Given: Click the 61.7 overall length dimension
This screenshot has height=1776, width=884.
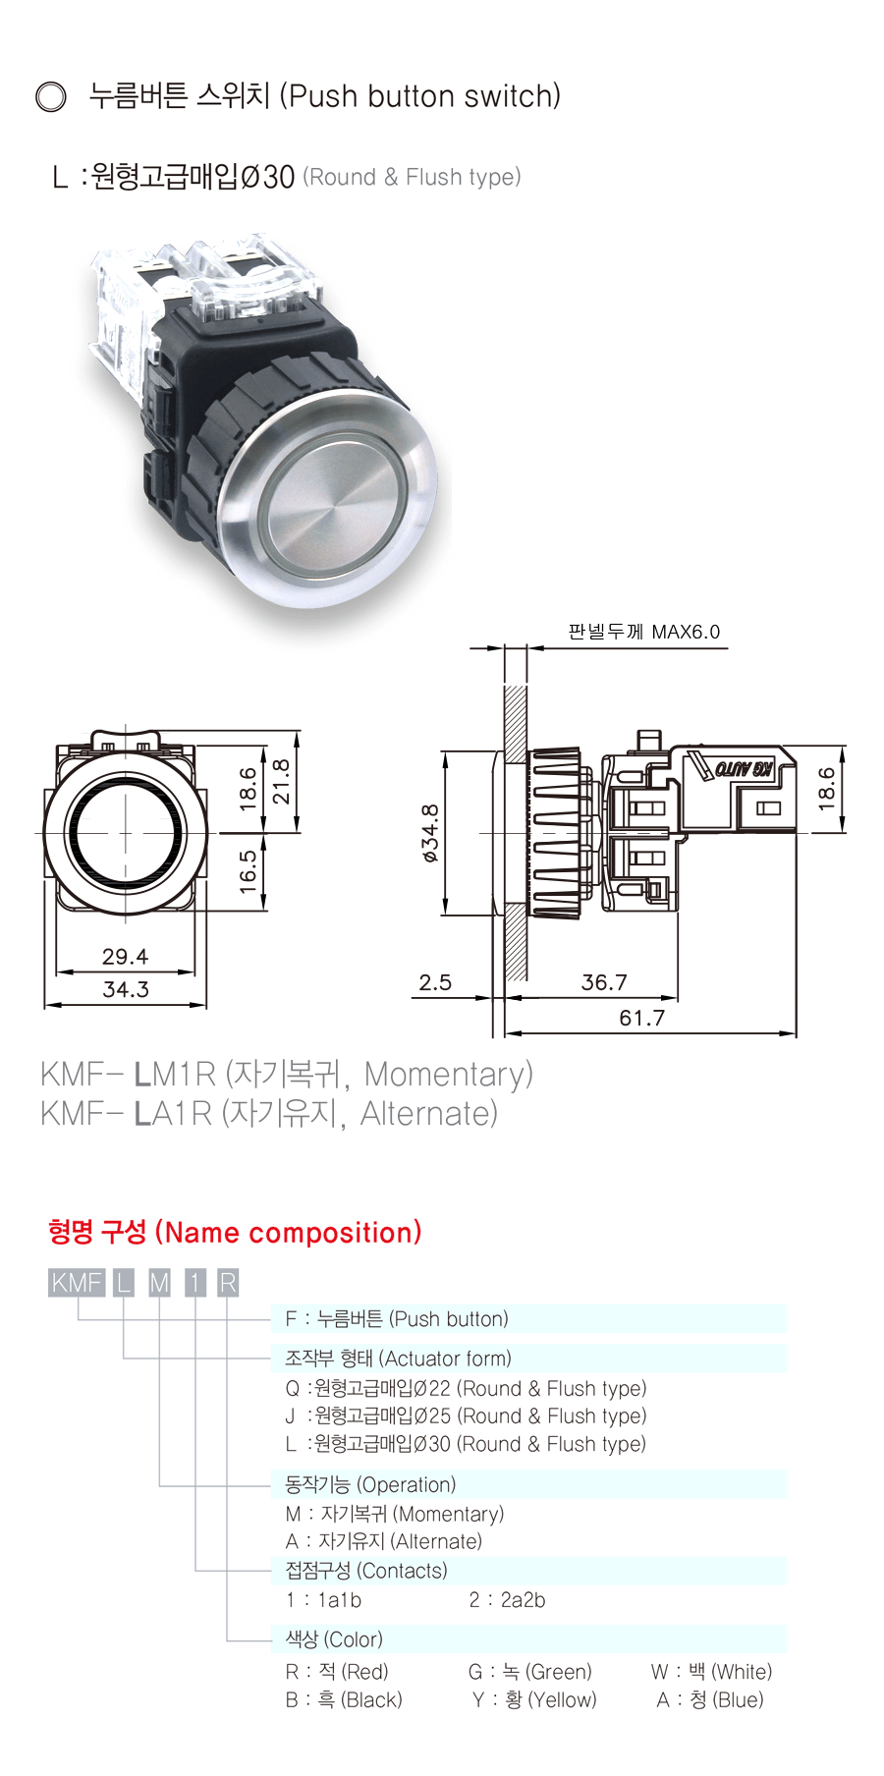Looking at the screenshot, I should [641, 1018].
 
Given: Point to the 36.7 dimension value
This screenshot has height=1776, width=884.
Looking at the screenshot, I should [604, 982].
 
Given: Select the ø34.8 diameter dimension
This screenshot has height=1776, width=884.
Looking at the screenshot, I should [430, 834].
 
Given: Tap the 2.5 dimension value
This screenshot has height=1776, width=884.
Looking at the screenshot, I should [435, 982].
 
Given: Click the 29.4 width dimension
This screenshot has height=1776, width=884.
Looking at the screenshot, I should [125, 956].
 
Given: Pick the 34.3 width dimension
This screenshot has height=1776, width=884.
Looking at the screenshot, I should [126, 989].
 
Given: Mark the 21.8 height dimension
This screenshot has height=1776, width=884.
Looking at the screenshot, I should [281, 782].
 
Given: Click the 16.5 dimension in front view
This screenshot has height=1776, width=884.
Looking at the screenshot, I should [249, 870].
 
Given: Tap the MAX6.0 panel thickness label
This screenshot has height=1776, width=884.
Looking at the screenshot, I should [686, 632].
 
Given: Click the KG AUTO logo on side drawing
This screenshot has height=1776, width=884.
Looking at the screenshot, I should [744, 768].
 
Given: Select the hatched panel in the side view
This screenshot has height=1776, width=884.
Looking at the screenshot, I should [516, 835].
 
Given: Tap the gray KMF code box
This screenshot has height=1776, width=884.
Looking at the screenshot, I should [77, 1283].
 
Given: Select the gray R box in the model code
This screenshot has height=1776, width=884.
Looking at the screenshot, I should [227, 1283].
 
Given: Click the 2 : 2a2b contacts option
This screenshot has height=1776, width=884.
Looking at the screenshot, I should [507, 1600].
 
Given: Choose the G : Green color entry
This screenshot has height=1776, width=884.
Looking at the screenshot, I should [530, 1672].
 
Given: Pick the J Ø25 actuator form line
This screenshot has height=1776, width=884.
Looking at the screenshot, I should [466, 1415].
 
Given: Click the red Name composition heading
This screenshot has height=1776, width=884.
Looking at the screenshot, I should [235, 1232].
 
